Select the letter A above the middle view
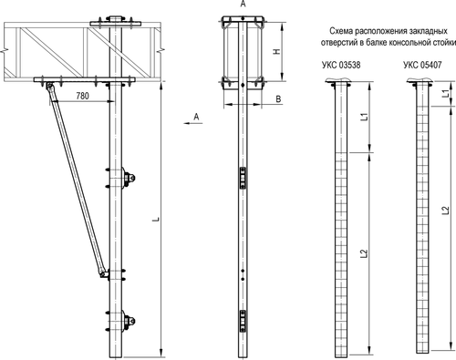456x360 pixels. click(242, 5)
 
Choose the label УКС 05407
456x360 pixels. click(420, 66)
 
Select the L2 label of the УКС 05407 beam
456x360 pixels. click(445, 210)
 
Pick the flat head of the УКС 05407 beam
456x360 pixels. click(420, 82)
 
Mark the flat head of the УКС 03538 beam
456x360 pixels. click(339, 82)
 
